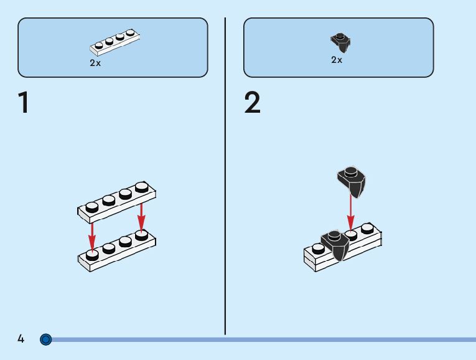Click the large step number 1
point(24,103)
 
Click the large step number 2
point(253,103)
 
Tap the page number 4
point(21,339)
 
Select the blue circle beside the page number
point(45,339)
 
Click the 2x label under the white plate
point(95,63)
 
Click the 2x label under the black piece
point(336,60)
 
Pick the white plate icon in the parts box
point(115,42)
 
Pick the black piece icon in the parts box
point(340,42)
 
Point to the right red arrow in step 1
point(141,215)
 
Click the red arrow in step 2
point(351,212)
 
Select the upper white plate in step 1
point(117,203)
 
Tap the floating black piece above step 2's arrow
point(352,181)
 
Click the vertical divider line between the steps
point(225,187)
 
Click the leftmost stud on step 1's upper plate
point(92,207)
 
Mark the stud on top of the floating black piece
point(350,171)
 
